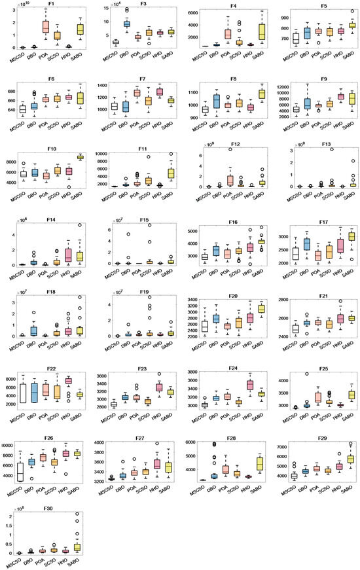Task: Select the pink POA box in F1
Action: pyautogui.click(x=46, y=27)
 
